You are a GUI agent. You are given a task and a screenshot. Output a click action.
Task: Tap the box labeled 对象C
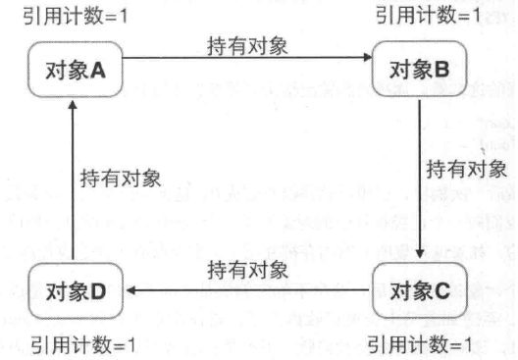[x=419, y=290]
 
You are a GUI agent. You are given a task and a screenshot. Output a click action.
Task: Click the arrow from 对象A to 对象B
[x=245, y=61]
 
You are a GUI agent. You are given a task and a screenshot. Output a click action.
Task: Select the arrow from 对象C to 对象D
[x=245, y=291]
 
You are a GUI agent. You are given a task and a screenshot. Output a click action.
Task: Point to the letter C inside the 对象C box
[x=442, y=290]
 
